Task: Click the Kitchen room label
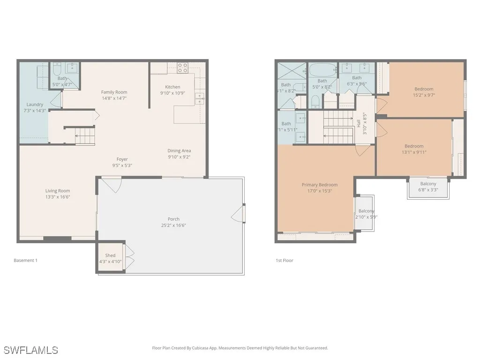[172, 87]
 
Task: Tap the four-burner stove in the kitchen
[182, 68]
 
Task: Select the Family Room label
[114, 92]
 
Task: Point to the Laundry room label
[35, 105]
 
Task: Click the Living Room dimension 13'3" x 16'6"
[58, 197]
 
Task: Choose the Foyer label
[122, 159]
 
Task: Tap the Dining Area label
[179, 151]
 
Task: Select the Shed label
[110, 255]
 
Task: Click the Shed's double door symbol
[129, 256]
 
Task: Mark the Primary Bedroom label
[320, 185]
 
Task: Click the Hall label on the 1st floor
[359, 123]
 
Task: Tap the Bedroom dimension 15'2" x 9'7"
[424, 95]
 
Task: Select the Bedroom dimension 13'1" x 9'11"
[414, 152]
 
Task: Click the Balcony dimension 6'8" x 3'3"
[428, 190]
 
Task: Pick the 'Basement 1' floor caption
[25, 261]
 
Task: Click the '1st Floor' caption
[285, 261]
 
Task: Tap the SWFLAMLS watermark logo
[31, 350]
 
